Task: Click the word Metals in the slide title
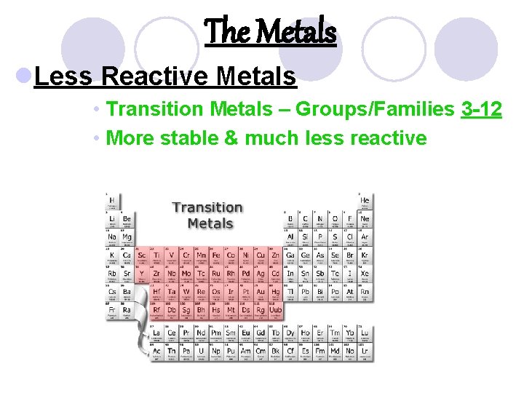(x=300, y=32)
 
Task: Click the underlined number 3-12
(x=481, y=109)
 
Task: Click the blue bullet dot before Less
(x=23, y=76)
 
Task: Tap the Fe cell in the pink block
(x=216, y=255)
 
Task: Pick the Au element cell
(x=261, y=292)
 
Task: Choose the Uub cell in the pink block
(x=275, y=310)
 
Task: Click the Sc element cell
(x=142, y=255)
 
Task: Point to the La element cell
(x=156, y=334)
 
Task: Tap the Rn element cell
(x=365, y=292)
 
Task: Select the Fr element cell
(x=113, y=310)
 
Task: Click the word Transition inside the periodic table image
(x=207, y=208)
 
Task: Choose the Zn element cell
(x=275, y=255)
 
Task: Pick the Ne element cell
(x=365, y=219)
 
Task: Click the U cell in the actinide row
(x=201, y=351)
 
